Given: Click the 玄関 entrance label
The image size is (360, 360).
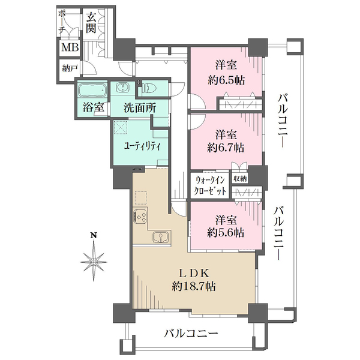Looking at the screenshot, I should pos(92,22).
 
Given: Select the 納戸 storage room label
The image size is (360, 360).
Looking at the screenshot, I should pos(70,68).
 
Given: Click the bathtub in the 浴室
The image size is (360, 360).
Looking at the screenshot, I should pos(92,91).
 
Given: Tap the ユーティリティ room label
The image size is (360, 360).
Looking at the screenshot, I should pos(137,146).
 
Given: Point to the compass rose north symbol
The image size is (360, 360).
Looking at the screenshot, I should pos(94,261).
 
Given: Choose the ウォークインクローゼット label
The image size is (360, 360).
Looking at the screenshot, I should pos(211,185).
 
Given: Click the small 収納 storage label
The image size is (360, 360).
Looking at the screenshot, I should pos(239,178).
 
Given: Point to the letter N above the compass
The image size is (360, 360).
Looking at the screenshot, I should pos(94,235).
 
